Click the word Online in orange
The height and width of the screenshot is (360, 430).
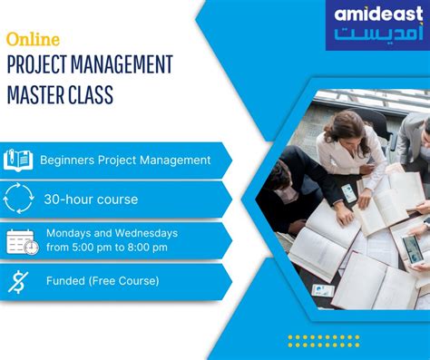coord(33,40)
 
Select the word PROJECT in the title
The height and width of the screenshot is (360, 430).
coord(36,65)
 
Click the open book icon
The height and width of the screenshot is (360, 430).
coord(18,160)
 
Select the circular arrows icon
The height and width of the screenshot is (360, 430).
coord(18,199)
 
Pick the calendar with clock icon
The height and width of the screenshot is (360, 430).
coord(21,241)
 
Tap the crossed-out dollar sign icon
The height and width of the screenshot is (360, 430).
coord(18,281)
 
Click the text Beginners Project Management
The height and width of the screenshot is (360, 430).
coord(125,161)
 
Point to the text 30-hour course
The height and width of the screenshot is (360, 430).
coord(91,199)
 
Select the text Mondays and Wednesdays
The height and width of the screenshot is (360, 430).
coord(112,233)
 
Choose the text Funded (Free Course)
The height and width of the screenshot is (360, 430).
coord(103,281)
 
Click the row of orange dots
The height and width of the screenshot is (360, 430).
coord(323,340)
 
